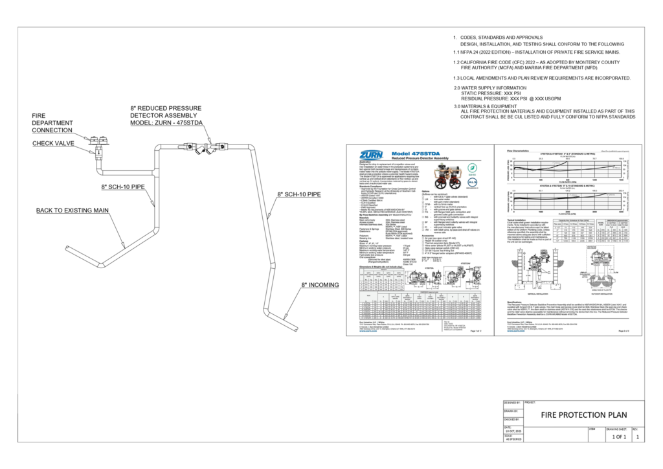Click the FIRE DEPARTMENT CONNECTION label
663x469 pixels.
tap(53, 122)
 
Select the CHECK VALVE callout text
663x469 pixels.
tap(53, 143)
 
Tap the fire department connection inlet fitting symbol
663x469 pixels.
tap(100, 140)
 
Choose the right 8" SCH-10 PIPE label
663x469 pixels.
tap(298, 194)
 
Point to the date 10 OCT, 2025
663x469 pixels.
tap(512, 431)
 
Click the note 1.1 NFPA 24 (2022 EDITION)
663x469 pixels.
tap(537, 51)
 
